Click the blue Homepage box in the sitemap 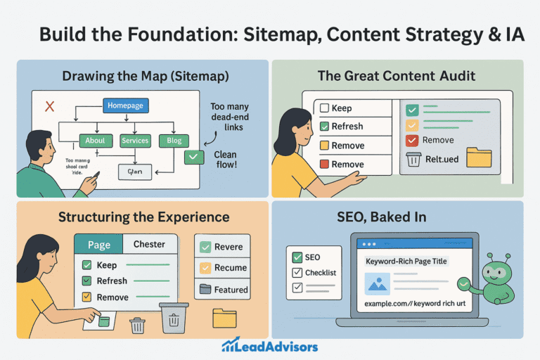click(126, 105)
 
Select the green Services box click(135, 141)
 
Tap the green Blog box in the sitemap click(174, 141)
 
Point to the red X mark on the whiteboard click(50, 106)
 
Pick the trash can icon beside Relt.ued click(414, 159)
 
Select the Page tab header click(98, 245)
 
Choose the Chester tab click(149, 245)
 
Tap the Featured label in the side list click(231, 289)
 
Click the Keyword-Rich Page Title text click(406, 261)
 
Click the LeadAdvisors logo click(269, 345)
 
